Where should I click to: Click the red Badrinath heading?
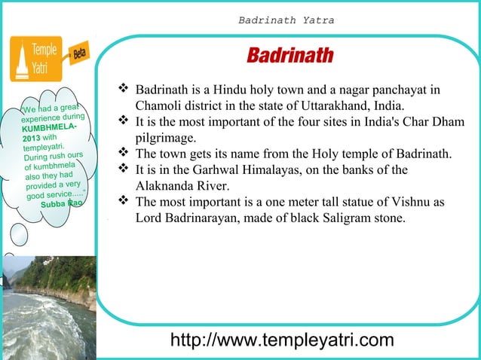(290, 57)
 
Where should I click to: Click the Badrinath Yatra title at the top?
(286, 20)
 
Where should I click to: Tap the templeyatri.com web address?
(282, 340)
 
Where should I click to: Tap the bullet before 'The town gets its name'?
(124, 154)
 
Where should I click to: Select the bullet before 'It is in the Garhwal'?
(124, 169)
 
